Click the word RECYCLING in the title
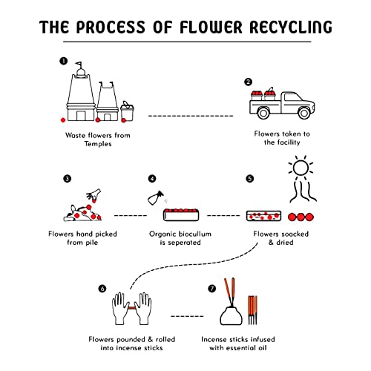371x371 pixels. pyautogui.click(x=291, y=27)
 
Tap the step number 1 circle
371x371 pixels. pyautogui.click(x=64, y=61)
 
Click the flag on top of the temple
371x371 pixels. pyautogui.click(x=79, y=64)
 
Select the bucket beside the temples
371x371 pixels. pyautogui.click(x=127, y=112)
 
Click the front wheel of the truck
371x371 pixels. pyautogui.click(x=304, y=113)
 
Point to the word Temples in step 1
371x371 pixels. pyautogui.click(x=98, y=144)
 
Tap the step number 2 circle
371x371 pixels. pyautogui.click(x=248, y=82)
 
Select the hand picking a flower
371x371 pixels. pyautogui.click(x=93, y=194)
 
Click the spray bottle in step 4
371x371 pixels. pyautogui.click(x=155, y=197)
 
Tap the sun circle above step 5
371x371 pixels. pyautogui.click(x=301, y=168)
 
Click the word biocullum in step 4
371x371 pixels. pyautogui.click(x=195, y=234)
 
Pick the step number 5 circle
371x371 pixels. pyautogui.click(x=250, y=179)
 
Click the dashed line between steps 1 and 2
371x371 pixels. pyautogui.click(x=191, y=116)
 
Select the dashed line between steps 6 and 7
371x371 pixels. pyautogui.click(x=187, y=316)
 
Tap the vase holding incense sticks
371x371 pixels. pyautogui.click(x=231, y=315)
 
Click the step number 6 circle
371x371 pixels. pyautogui.click(x=102, y=289)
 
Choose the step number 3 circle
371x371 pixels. pyautogui.click(x=68, y=179)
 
